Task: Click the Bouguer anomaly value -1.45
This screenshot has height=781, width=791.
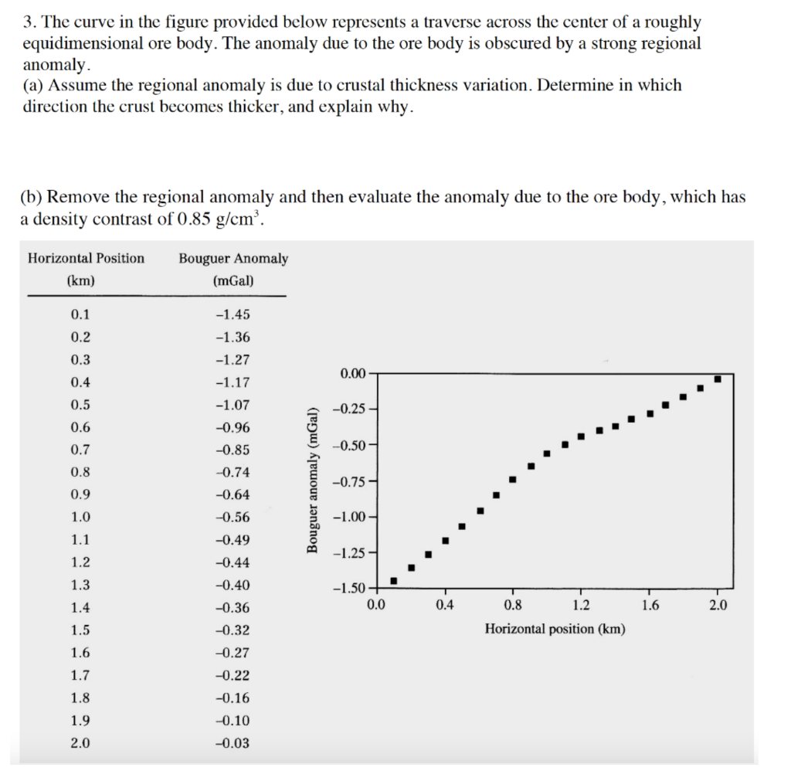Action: (x=233, y=314)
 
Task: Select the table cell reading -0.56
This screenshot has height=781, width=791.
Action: (x=233, y=518)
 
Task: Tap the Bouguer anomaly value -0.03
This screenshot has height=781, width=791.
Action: (x=233, y=743)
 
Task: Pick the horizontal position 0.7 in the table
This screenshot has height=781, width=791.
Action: (x=80, y=450)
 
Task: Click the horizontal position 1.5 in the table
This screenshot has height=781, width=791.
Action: (x=80, y=630)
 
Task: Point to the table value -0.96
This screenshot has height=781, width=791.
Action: (x=233, y=427)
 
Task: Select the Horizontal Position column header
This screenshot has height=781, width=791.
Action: (x=86, y=259)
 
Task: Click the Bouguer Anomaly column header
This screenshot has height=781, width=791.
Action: (x=233, y=259)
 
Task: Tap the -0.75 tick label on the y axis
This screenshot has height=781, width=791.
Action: (x=348, y=483)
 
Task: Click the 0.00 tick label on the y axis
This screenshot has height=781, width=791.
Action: (x=351, y=375)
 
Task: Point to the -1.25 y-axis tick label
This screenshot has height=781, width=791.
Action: (x=348, y=553)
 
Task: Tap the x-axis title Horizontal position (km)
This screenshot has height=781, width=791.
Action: (x=555, y=629)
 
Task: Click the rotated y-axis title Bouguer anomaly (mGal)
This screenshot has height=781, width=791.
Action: (x=312, y=479)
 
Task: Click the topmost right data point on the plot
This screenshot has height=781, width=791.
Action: (x=718, y=379)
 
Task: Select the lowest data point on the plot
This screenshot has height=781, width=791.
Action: (x=393, y=581)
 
